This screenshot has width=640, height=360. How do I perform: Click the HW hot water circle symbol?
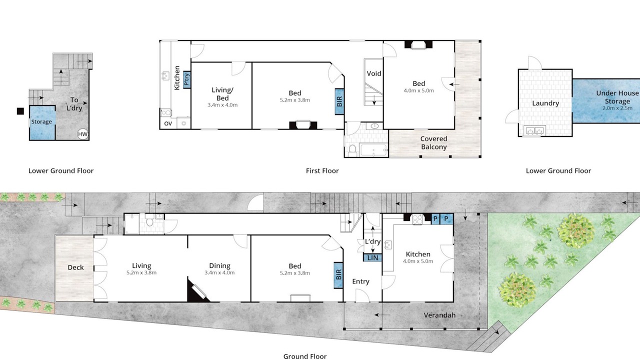[83, 134]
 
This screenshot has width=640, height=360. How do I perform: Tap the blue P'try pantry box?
[187, 79]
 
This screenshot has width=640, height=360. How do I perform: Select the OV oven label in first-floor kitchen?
[168, 123]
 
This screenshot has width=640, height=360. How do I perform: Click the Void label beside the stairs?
[374, 73]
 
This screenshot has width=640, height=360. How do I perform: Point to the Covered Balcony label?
[433, 143]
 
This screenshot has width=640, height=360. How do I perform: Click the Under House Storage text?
[617, 97]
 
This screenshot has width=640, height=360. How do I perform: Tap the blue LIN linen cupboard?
[372, 257]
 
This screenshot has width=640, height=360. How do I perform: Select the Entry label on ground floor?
[360, 281]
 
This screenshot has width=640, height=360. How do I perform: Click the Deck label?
[75, 267]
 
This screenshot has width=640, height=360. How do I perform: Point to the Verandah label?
[439, 315]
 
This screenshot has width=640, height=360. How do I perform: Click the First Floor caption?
[322, 171]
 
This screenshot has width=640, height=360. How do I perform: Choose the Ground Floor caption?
[305, 356]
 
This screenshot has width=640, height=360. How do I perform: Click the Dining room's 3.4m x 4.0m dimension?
[219, 273]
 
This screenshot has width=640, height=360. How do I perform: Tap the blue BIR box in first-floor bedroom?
[339, 101]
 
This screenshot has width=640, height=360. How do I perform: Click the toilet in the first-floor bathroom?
[352, 150]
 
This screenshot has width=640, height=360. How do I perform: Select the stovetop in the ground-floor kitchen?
[417, 219]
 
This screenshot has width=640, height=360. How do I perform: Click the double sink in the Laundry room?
[534, 130]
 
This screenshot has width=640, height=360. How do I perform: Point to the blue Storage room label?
[41, 121]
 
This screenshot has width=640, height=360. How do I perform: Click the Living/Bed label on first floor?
[222, 94]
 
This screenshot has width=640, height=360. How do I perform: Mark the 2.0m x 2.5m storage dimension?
[617, 108]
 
